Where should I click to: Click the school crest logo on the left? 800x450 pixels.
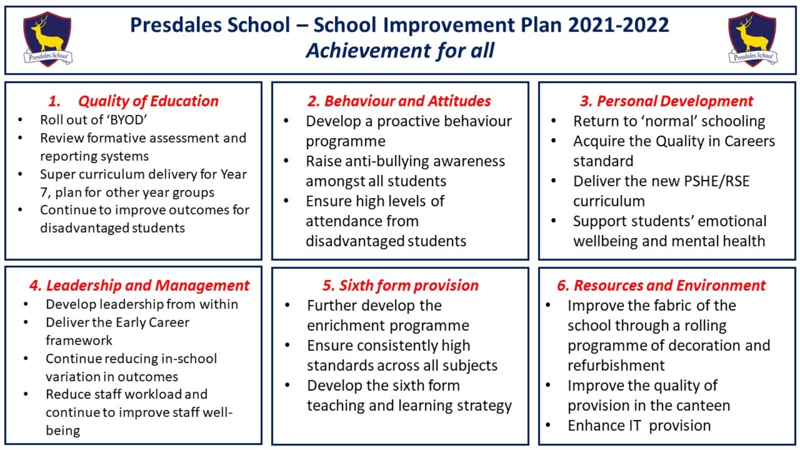(47, 39)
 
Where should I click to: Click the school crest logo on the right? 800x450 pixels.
(752, 39)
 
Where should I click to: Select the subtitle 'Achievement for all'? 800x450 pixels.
(400, 50)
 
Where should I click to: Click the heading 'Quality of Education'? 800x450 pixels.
(148, 101)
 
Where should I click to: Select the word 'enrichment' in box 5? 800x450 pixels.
(344, 325)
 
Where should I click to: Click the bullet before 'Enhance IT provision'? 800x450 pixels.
(548, 425)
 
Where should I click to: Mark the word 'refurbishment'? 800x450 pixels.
(616, 365)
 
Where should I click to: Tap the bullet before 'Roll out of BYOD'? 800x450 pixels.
(20, 120)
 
